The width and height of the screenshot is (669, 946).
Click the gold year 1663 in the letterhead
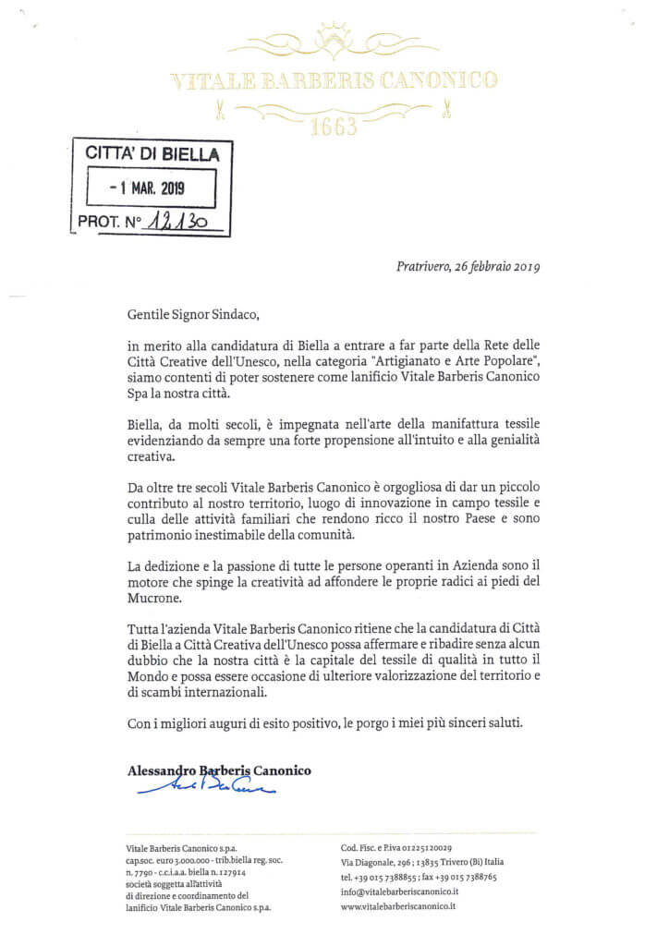tap(334, 126)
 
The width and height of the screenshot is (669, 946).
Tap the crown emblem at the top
tap(334, 38)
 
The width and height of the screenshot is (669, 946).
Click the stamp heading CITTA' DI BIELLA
tap(152, 153)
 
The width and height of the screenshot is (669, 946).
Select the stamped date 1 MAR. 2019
tap(148, 188)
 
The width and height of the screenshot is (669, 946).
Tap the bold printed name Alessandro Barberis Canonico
tap(217, 770)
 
